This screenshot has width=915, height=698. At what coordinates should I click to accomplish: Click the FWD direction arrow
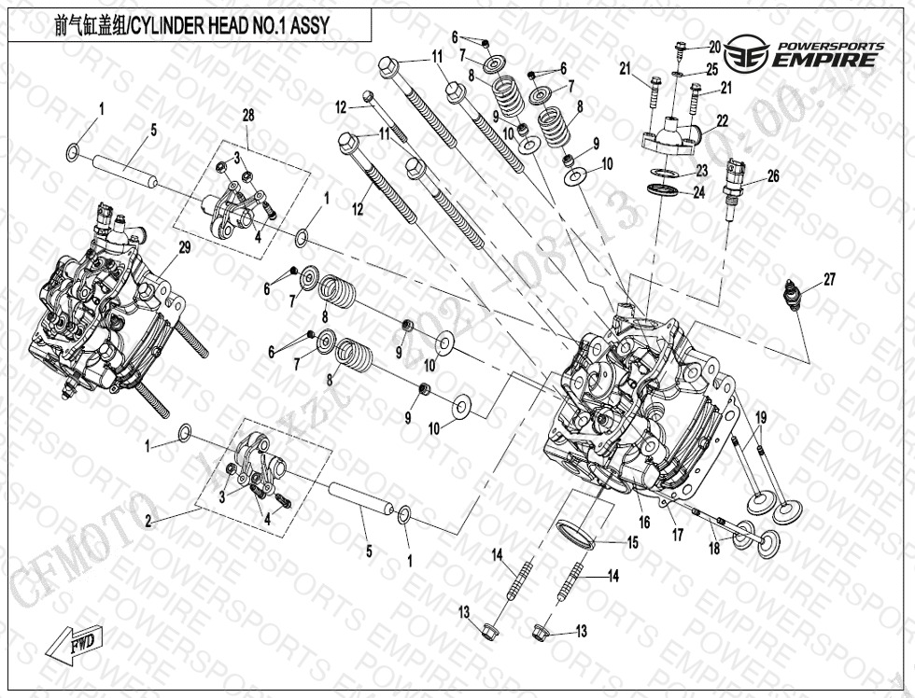click(75, 643)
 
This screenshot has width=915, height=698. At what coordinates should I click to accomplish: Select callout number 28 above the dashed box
click(247, 116)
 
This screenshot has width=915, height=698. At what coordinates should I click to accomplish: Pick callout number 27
click(828, 279)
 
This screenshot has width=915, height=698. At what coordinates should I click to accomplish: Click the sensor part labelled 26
click(734, 186)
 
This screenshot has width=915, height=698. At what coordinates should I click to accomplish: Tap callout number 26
click(772, 175)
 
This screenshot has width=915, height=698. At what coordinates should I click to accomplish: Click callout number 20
click(714, 47)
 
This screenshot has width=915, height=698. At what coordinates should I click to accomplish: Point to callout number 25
click(712, 69)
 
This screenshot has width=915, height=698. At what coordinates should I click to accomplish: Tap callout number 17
click(678, 536)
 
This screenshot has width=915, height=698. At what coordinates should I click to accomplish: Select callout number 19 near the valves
click(761, 416)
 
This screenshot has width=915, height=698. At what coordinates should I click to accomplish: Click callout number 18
click(714, 549)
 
